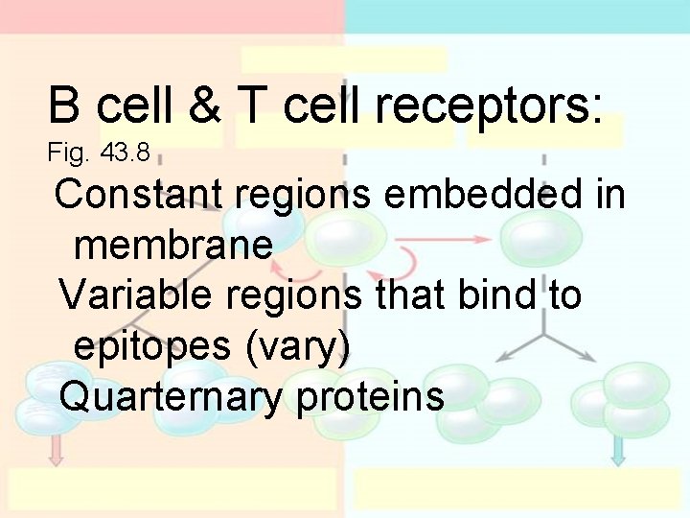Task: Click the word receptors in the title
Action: coord(489,106)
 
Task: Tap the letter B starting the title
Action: coord(64,105)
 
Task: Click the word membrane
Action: coord(172,245)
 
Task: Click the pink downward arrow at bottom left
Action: coord(56,449)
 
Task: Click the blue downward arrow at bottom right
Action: coord(618,449)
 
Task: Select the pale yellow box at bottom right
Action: coord(517,489)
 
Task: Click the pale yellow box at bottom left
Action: coord(172,489)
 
